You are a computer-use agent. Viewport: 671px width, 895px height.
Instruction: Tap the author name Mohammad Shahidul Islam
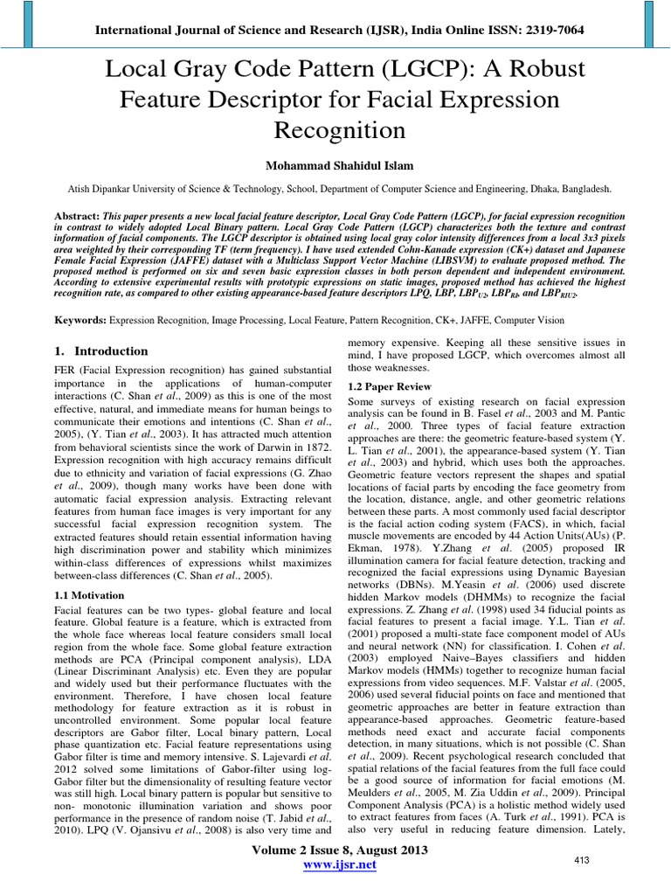(x=335, y=166)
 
